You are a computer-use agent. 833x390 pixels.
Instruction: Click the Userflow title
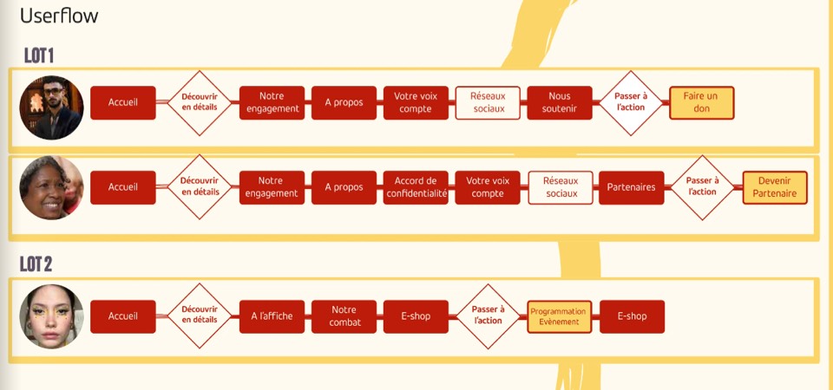coord(59,16)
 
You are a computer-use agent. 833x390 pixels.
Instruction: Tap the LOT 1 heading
coord(39,55)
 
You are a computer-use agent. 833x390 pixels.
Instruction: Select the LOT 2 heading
coord(39,263)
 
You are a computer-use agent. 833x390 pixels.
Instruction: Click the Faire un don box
coord(701,103)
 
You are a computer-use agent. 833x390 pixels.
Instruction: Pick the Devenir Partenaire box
coord(775,187)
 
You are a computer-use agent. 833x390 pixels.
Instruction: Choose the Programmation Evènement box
coord(558,316)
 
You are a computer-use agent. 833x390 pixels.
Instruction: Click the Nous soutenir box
coord(559,103)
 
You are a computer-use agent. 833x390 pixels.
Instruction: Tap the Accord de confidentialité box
coord(416,187)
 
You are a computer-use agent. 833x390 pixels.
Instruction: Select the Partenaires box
coord(631,187)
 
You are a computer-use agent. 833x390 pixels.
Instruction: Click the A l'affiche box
coord(272,316)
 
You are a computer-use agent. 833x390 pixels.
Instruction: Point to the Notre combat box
coord(344,316)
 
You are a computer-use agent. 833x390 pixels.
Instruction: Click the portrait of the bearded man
coord(51,107)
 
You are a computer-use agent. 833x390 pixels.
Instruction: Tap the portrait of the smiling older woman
coord(51,188)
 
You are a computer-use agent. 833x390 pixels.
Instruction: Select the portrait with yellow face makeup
coord(51,316)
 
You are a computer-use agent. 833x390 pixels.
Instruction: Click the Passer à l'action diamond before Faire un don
coord(631,103)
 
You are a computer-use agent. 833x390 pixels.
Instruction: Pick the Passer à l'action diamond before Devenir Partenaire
coord(703,187)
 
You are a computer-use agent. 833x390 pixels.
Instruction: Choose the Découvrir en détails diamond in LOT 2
coord(200,316)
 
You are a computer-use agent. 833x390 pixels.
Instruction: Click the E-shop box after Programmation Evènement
coord(632,316)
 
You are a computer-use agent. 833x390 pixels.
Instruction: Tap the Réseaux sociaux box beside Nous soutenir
coord(488,103)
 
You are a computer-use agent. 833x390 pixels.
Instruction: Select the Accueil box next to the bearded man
coord(123,103)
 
